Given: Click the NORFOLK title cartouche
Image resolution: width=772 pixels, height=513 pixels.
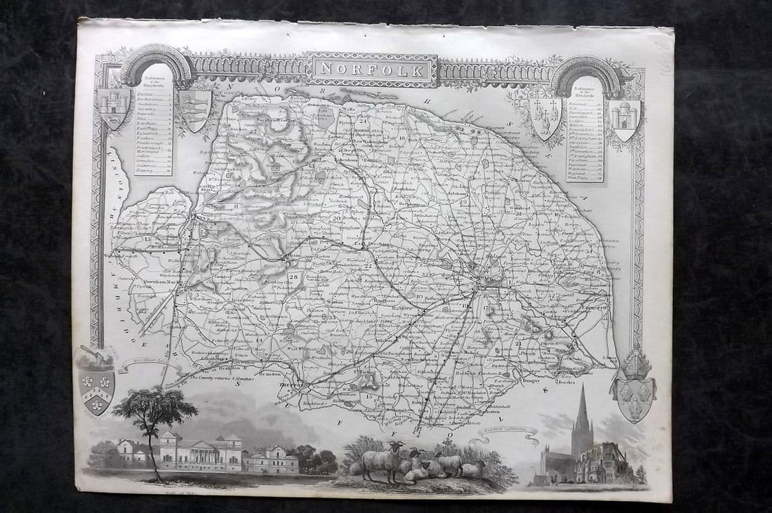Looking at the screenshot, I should pos(372,70).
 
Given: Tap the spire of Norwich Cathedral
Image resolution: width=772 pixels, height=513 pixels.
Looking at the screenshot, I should pos(583,411).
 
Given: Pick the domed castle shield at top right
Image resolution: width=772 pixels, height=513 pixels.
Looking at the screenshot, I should pos(625,117).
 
